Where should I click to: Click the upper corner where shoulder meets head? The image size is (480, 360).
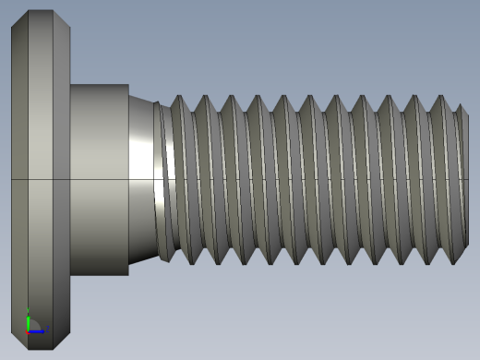coord(71,85)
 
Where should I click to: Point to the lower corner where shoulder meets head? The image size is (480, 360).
coord(71,275)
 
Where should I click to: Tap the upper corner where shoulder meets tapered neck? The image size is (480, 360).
coord(128,85)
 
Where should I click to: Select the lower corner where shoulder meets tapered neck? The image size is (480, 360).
coord(128,275)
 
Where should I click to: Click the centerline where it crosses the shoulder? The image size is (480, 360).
coord(99,178)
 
